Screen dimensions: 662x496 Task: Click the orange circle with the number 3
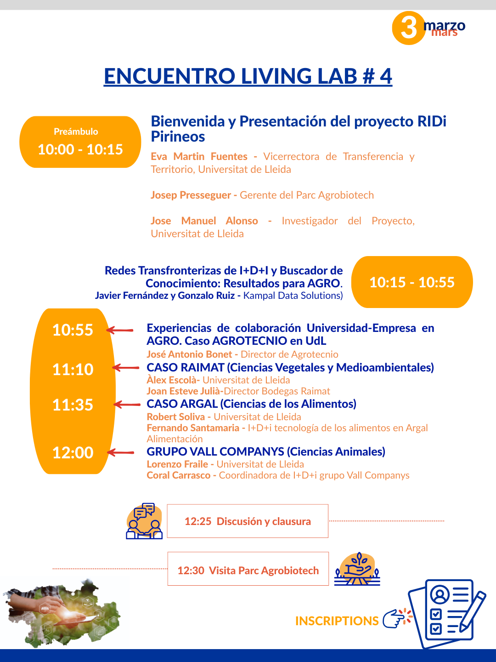408,28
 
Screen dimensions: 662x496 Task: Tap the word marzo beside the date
444,25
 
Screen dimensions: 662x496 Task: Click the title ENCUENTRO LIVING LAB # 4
248,76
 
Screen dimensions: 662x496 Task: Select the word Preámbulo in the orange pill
76,131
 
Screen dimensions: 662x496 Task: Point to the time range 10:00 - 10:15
80,149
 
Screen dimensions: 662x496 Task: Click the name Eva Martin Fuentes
199,157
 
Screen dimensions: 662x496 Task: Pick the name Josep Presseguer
191,195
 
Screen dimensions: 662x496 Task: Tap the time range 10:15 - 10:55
412,282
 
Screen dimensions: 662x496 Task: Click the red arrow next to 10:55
120,330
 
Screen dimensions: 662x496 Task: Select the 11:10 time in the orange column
73,369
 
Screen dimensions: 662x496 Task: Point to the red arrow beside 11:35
127,405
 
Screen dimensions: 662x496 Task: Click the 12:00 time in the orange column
73,453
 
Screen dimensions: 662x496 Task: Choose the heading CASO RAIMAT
185,368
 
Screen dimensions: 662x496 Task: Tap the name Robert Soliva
176,417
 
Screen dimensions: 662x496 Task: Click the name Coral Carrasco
179,475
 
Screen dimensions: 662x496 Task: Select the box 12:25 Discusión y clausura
248,521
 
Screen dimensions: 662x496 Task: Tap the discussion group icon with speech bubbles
144,521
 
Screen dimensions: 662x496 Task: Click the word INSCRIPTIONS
337,621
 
